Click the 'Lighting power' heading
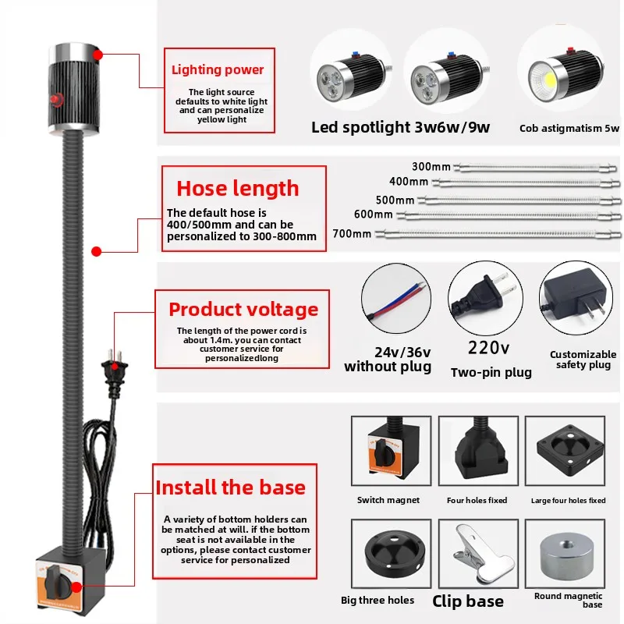click(218, 70)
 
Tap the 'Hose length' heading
click(237, 188)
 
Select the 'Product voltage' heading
click(243, 309)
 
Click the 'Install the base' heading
click(230, 487)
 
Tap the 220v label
click(488, 348)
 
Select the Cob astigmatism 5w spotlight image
click(562, 74)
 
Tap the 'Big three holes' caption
click(378, 600)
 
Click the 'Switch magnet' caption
click(388, 500)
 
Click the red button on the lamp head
click(56, 99)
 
